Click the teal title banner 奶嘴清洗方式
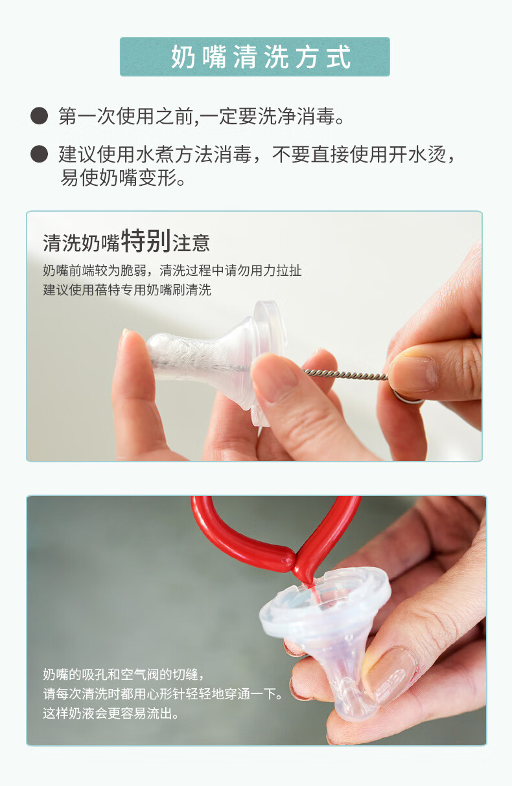click(255, 56)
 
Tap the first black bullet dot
click(39, 116)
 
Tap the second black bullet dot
click(39, 154)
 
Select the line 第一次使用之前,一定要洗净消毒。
click(202, 116)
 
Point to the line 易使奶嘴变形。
click(122, 177)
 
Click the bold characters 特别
click(146, 241)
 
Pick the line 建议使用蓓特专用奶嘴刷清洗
click(127, 290)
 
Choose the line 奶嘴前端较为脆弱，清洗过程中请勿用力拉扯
click(172, 271)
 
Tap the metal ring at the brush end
click(408, 398)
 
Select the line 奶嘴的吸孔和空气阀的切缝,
click(123, 675)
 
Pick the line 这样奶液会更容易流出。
click(111, 713)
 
